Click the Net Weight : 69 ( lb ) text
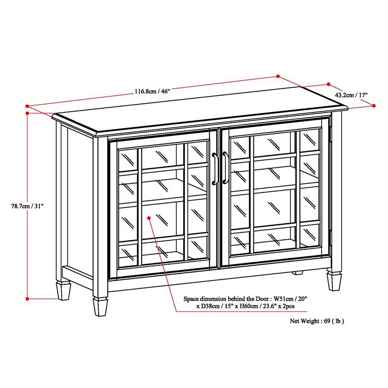(317, 321)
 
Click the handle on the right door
(225, 168)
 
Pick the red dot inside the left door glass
(149, 218)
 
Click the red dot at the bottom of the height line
(27, 298)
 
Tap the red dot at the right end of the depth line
(374, 105)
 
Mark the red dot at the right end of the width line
(278, 76)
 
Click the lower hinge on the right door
(330, 235)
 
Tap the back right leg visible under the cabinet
(297, 272)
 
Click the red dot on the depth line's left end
(329, 84)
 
